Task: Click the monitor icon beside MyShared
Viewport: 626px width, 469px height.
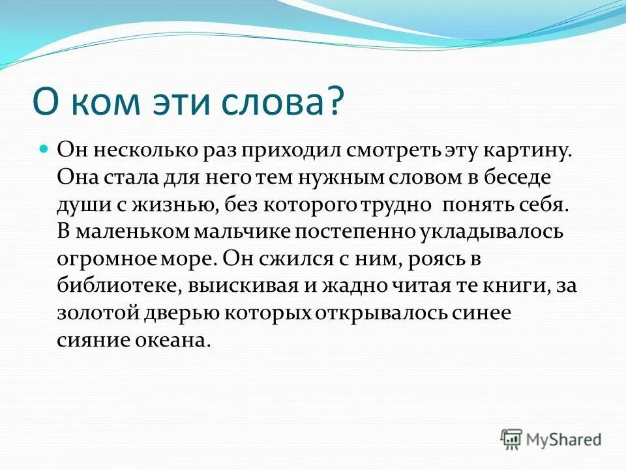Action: click(x=511, y=439)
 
